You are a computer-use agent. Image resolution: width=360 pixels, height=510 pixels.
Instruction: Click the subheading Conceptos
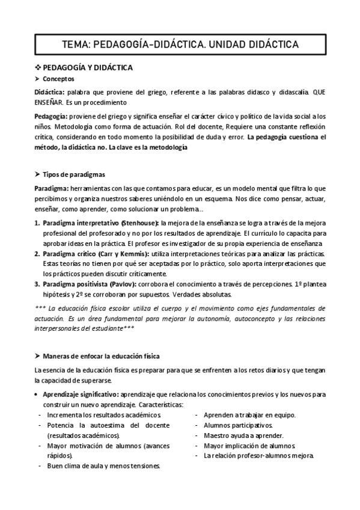click(59, 79)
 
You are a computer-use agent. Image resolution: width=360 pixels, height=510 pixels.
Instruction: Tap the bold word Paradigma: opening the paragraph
click(51, 188)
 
